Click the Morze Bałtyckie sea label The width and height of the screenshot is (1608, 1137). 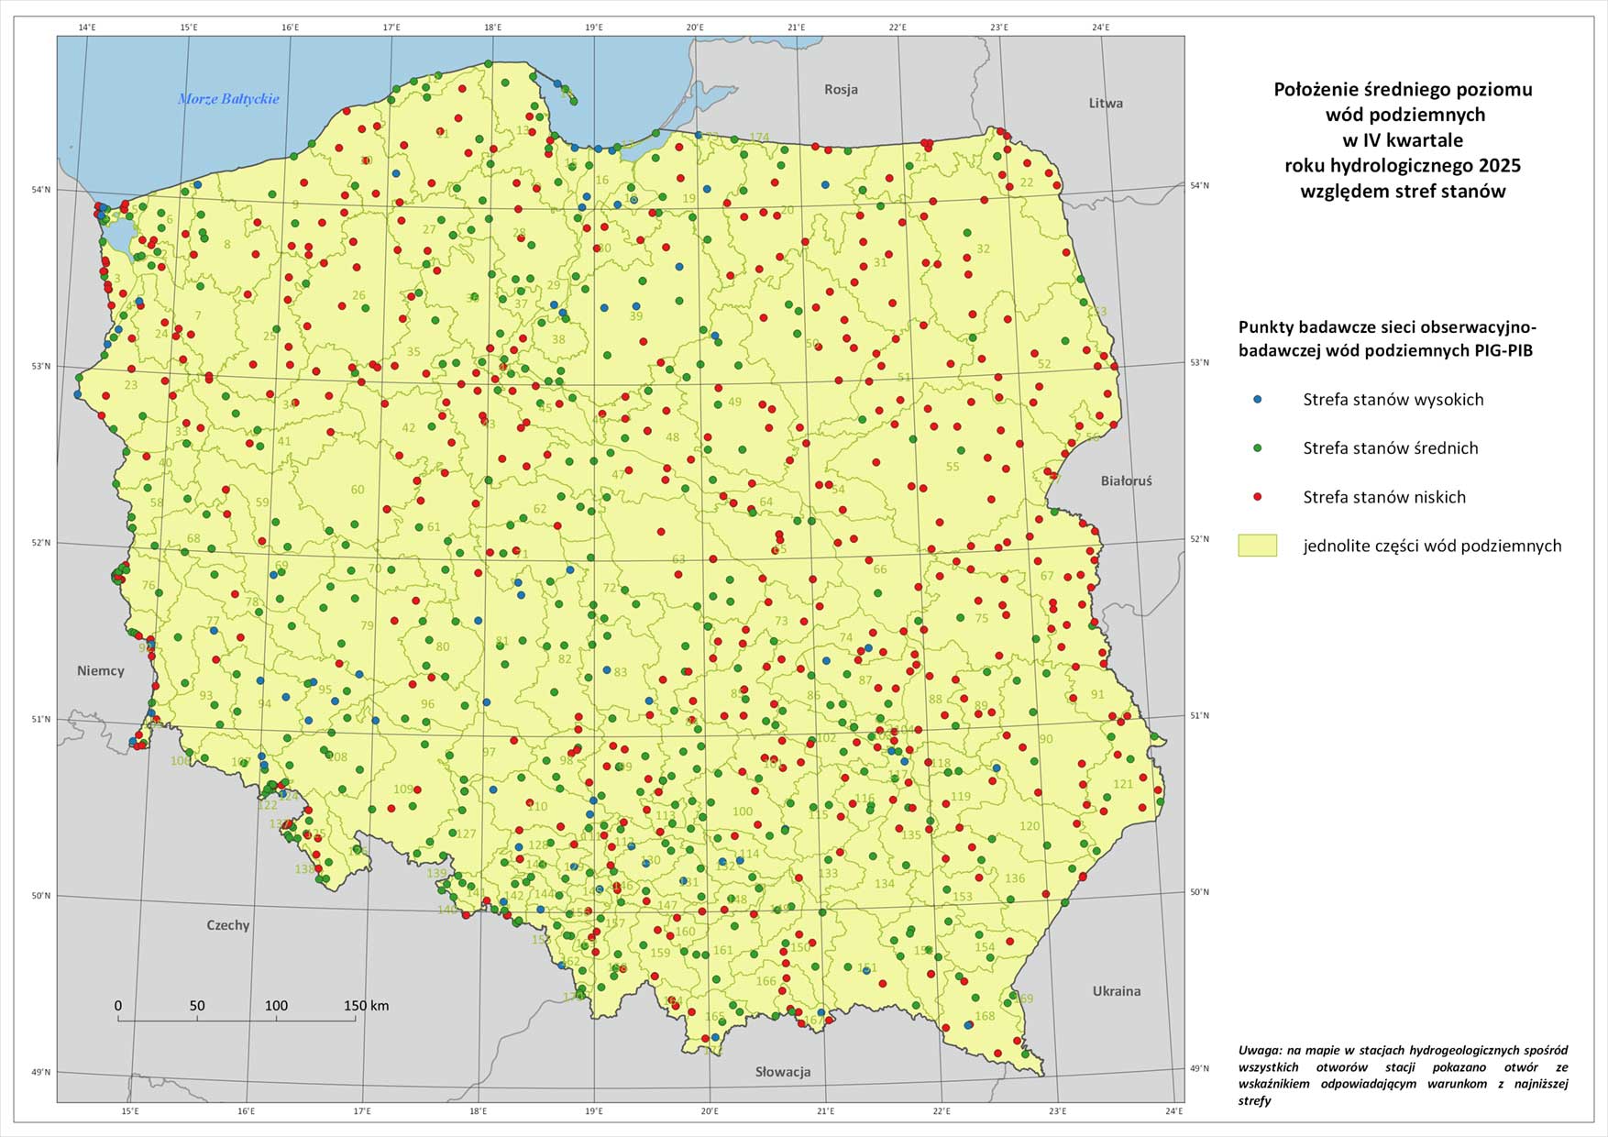pyautogui.click(x=228, y=99)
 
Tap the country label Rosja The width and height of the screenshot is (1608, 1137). pyautogui.click(x=841, y=89)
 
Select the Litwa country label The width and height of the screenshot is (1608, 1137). pyautogui.click(x=1106, y=103)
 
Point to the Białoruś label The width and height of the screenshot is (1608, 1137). pyautogui.click(x=1126, y=480)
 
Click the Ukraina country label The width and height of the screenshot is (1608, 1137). pyautogui.click(x=1117, y=990)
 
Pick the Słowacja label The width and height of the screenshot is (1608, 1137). pyautogui.click(x=783, y=1071)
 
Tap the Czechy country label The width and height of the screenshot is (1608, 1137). pyautogui.click(x=227, y=924)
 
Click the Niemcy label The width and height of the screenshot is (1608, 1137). pyautogui.click(x=101, y=670)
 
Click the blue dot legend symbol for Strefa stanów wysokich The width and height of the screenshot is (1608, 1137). pyautogui.click(x=1258, y=399)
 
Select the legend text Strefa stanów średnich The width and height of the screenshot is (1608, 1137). pyautogui.click(x=1390, y=447)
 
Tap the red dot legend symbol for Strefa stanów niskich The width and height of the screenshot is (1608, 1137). pyautogui.click(x=1258, y=496)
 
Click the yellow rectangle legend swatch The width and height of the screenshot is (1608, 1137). pyautogui.click(x=1257, y=546)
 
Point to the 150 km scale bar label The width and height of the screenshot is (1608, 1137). pyautogui.click(x=366, y=1006)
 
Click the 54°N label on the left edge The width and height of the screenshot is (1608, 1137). pyautogui.click(x=42, y=190)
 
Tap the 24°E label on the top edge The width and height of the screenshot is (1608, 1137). pyautogui.click(x=1100, y=28)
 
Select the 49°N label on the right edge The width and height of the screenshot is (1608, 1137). pyautogui.click(x=1199, y=1067)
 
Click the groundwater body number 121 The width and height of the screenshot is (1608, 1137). pyautogui.click(x=1123, y=784)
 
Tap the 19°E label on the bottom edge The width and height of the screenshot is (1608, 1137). pyautogui.click(x=594, y=1111)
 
